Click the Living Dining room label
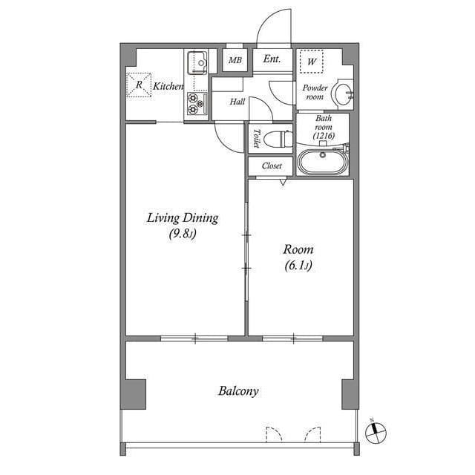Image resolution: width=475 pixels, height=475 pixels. pos(182,217)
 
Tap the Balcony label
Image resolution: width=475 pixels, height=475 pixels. pos(238,390)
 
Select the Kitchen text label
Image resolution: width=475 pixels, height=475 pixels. pos(168,87)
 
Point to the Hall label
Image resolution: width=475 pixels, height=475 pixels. pos(237,102)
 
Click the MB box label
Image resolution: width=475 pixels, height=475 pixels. pos(235,60)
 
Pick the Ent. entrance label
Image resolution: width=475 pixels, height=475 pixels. pos(272,59)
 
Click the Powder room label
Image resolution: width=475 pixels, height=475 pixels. pos(314,92)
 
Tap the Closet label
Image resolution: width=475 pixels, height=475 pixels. pos(272,166)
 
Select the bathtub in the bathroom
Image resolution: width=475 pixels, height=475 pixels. pos(322,162)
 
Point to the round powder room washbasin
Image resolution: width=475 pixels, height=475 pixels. pos(341,93)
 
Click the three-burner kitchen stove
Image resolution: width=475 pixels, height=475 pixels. pos(196,103)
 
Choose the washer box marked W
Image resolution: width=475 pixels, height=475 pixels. pos(312,62)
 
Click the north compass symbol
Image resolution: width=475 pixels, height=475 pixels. pos(376,430)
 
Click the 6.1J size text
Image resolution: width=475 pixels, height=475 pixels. pos(298,265)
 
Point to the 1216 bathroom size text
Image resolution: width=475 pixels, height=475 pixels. pos(324,137)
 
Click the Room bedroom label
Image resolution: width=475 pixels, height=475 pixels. pos(298,249)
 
